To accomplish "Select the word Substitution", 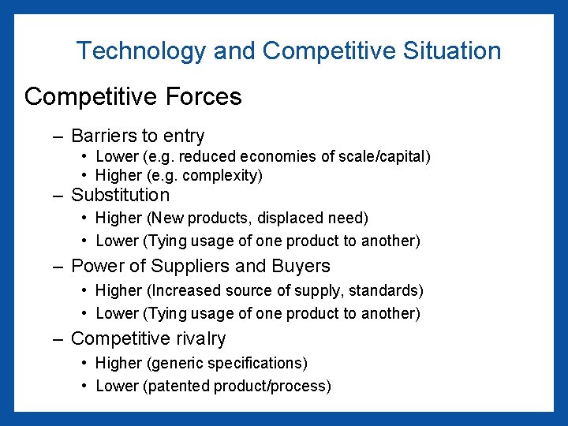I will [x=120, y=195].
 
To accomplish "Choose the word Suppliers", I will [x=208, y=266].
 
